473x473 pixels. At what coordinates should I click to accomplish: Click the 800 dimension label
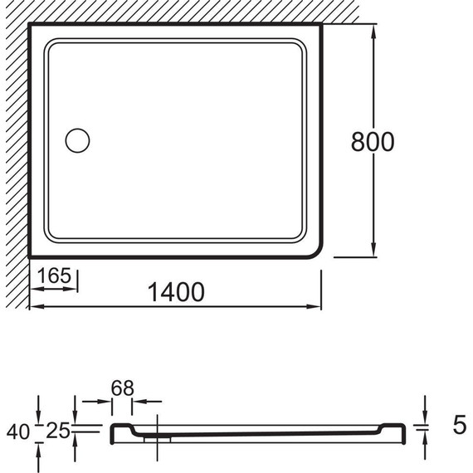[x=373, y=141]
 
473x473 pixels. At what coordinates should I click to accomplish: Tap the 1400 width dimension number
[x=176, y=292]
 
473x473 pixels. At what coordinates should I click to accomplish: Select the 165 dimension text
[x=55, y=276]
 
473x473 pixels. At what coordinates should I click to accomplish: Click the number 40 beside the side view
[x=17, y=432]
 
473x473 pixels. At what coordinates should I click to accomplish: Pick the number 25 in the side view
[x=57, y=431]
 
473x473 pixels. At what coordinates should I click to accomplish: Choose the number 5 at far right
[x=460, y=425]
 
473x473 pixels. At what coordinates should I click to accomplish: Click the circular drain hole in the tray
[x=77, y=140]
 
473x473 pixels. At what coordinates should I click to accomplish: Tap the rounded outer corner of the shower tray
[x=317, y=253]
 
